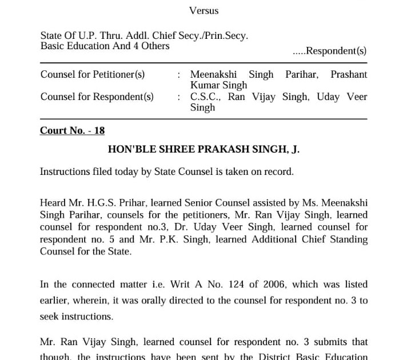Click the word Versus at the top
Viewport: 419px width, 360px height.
[x=203, y=10]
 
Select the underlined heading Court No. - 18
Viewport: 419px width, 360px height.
[x=72, y=130]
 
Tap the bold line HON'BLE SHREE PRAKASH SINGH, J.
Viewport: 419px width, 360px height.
[x=203, y=149]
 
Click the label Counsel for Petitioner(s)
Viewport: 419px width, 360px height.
[x=93, y=74]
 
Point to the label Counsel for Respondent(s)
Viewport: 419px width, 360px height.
[x=97, y=97]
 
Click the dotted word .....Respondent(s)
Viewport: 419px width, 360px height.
[x=329, y=51]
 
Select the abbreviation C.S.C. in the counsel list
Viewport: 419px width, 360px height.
[x=203, y=97]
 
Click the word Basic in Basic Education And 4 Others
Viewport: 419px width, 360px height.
[x=53, y=46]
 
